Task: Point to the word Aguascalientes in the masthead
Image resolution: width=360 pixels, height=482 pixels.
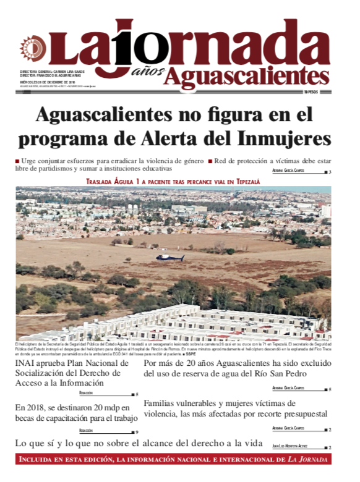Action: (247, 75)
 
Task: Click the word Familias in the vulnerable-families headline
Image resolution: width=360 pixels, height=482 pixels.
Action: (163, 402)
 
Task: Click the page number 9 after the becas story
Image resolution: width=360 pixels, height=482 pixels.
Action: (137, 431)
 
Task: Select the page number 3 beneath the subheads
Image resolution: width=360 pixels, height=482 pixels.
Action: (330, 172)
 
